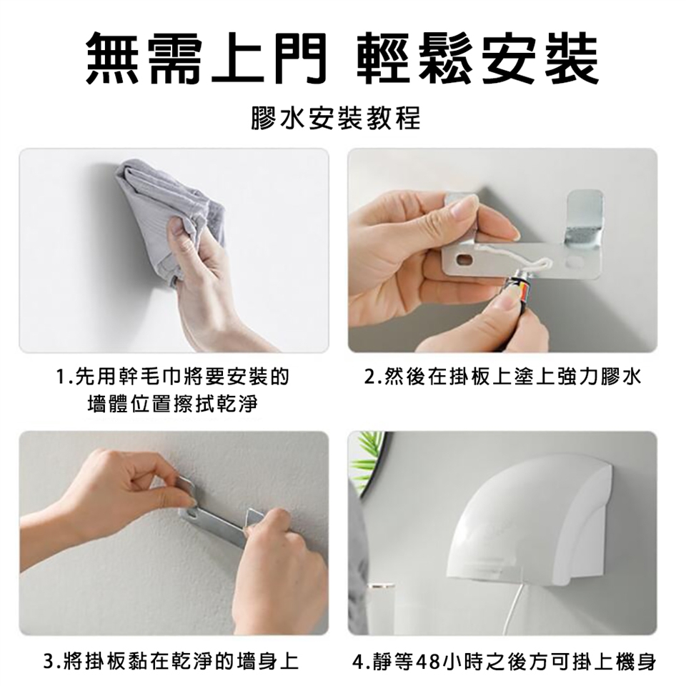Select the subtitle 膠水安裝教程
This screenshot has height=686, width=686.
[x=336, y=118]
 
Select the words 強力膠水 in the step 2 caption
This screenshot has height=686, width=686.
[x=599, y=377]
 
